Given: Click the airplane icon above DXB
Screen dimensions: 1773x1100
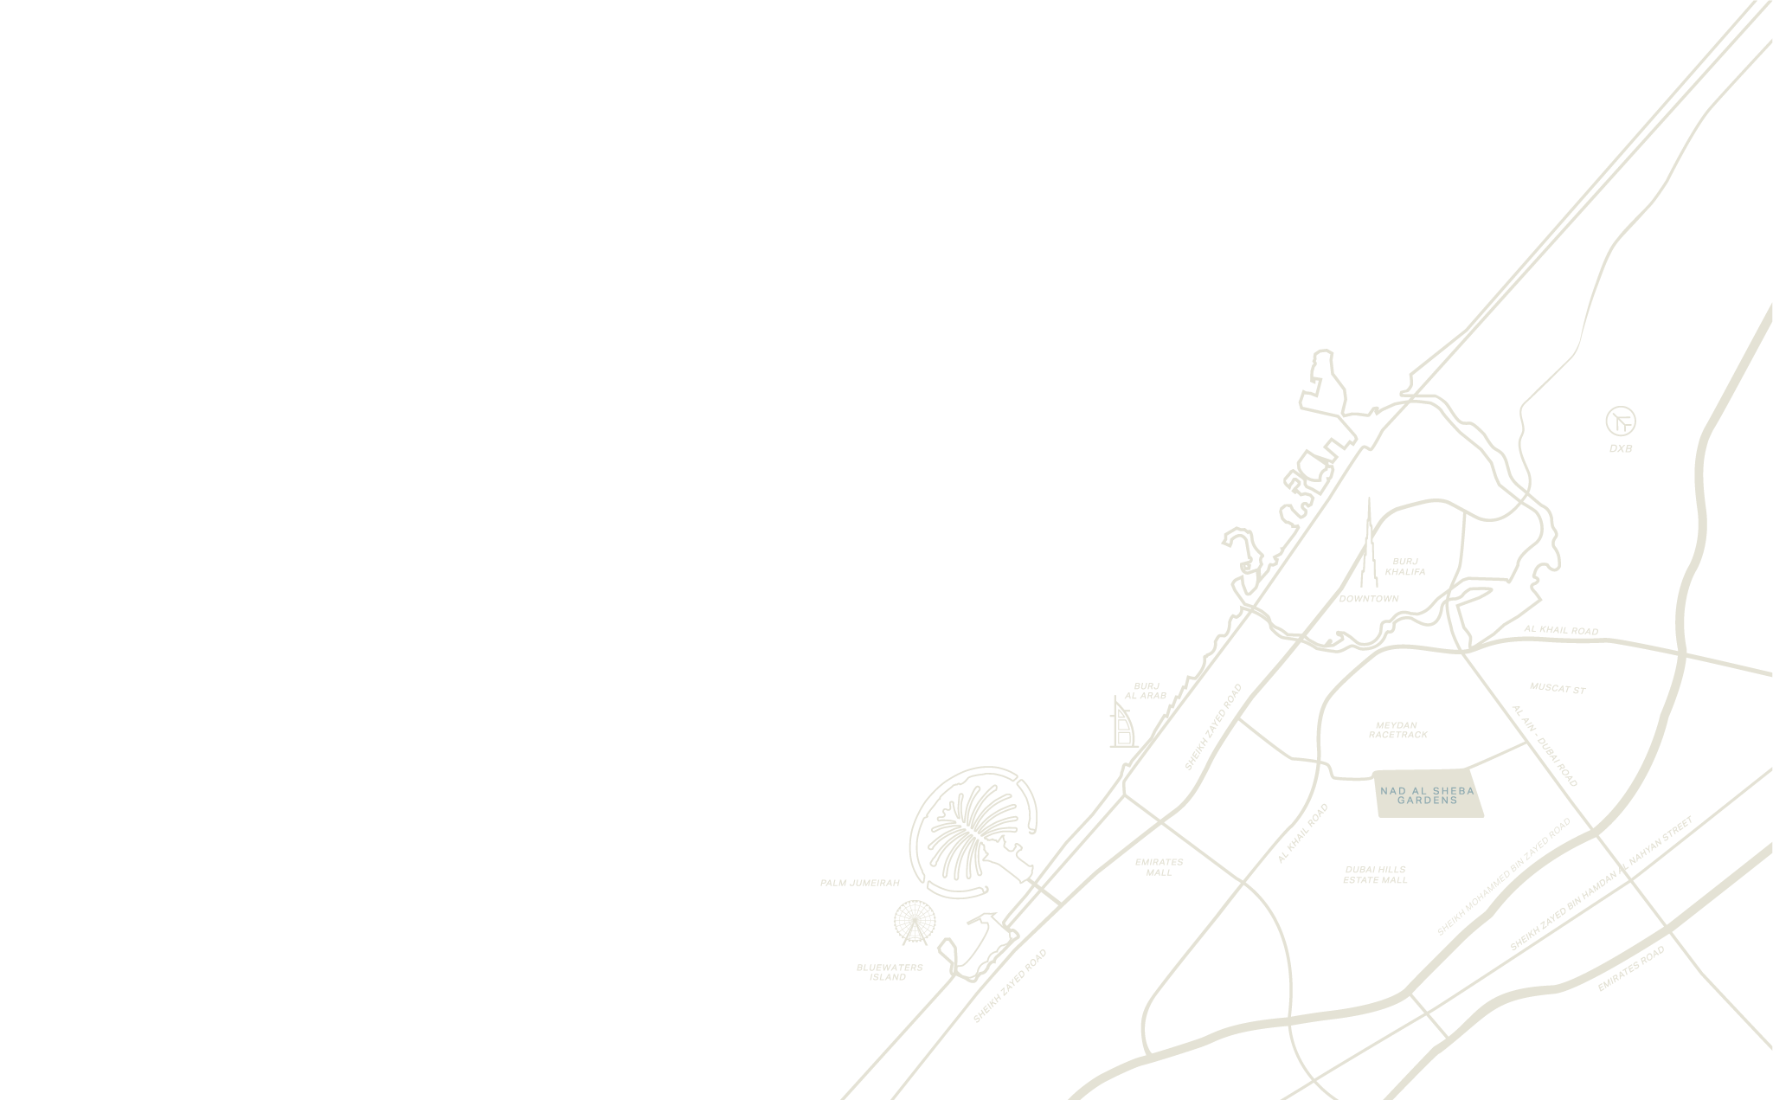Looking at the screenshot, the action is pos(1621,421).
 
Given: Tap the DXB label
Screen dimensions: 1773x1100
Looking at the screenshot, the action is pos(1621,449).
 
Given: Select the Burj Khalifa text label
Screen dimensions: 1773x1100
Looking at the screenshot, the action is pos(1404,567).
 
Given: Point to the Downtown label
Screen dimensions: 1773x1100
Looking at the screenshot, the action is pos(1368,599).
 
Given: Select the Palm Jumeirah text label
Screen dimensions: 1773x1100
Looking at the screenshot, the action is pos(859,883).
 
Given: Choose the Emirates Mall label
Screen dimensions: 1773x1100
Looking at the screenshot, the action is pos(1159,867).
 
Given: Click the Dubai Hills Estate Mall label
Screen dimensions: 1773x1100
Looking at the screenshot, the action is pos(1375,875).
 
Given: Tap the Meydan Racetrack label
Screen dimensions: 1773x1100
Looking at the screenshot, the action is pos(1397,730).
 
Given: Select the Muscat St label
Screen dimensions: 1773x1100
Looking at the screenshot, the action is pos(1557,689).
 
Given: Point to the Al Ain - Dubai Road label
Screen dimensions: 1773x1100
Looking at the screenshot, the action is pos(1545,745).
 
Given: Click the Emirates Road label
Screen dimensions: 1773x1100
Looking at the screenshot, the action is pos(1630,969).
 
